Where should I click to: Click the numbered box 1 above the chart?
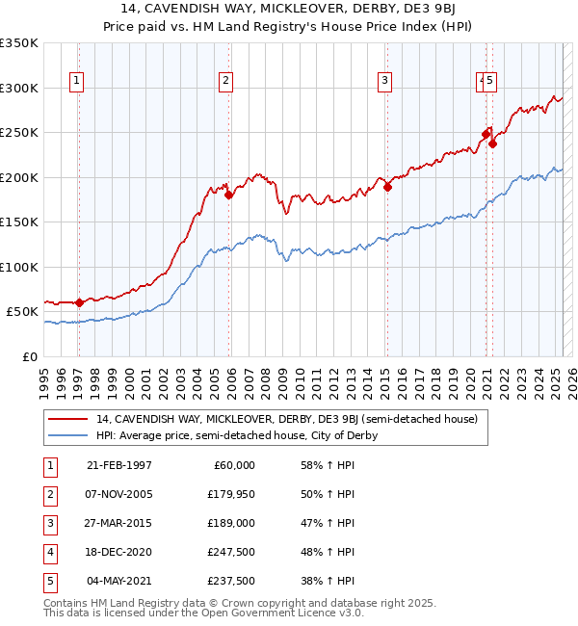point(76,81)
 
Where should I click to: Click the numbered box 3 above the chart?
point(384,81)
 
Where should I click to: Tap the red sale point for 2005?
point(229,196)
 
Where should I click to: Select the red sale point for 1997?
point(79,302)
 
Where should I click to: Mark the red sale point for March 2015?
point(387,187)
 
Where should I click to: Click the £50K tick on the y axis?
point(23,312)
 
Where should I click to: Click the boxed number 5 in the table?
point(48,582)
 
